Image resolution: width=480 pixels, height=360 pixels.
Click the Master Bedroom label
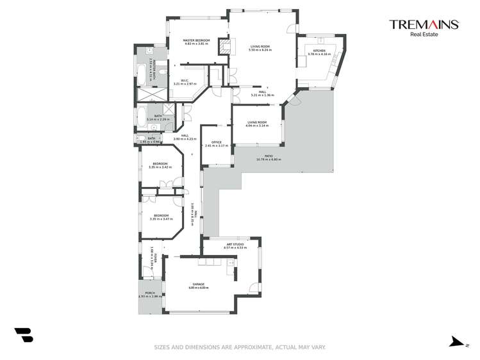[x=196, y=40]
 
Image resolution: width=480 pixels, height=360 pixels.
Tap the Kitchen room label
[x=319, y=51]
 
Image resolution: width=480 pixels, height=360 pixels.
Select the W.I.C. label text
[x=183, y=80]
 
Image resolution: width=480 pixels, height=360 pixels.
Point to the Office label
[x=216, y=142]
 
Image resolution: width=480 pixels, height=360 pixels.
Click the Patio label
[x=269, y=156]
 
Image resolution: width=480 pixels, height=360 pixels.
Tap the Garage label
[x=199, y=284]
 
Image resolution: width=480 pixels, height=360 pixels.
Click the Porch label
[x=150, y=293]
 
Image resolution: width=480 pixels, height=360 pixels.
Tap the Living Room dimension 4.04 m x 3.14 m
[x=256, y=126]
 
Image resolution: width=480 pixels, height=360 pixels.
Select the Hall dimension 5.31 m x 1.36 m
[x=262, y=95]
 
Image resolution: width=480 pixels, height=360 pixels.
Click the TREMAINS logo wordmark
[x=424, y=24]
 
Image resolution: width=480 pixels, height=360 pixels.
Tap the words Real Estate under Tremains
[x=424, y=35]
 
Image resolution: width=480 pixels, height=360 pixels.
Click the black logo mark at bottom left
[x=23, y=335]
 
